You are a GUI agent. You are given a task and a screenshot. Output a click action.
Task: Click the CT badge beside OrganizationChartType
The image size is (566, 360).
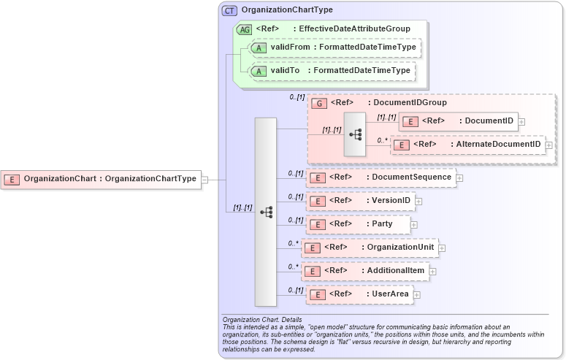[229, 10]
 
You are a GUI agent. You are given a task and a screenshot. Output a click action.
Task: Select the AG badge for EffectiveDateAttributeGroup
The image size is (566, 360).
[244, 29]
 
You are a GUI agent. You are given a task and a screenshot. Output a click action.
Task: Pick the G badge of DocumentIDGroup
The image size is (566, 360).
[318, 103]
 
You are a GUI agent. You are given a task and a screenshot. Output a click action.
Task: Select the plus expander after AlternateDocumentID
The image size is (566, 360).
[549, 145]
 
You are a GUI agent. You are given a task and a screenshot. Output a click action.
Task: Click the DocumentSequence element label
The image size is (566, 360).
[401, 177]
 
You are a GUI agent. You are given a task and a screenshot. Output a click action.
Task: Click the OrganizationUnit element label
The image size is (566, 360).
[400, 248]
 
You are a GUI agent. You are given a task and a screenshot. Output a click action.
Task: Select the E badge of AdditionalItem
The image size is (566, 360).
[313, 271]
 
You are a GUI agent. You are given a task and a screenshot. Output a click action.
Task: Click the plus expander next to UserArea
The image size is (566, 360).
[417, 295]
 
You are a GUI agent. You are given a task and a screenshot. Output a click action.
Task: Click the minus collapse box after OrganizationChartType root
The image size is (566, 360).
[205, 178]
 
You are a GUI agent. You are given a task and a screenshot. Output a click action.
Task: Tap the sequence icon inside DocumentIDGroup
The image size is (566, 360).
[355, 134]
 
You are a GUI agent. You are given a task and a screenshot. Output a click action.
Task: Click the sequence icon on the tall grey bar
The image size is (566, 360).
[266, 212]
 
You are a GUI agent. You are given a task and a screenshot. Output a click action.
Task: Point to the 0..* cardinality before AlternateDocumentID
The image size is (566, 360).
[383, 140]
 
